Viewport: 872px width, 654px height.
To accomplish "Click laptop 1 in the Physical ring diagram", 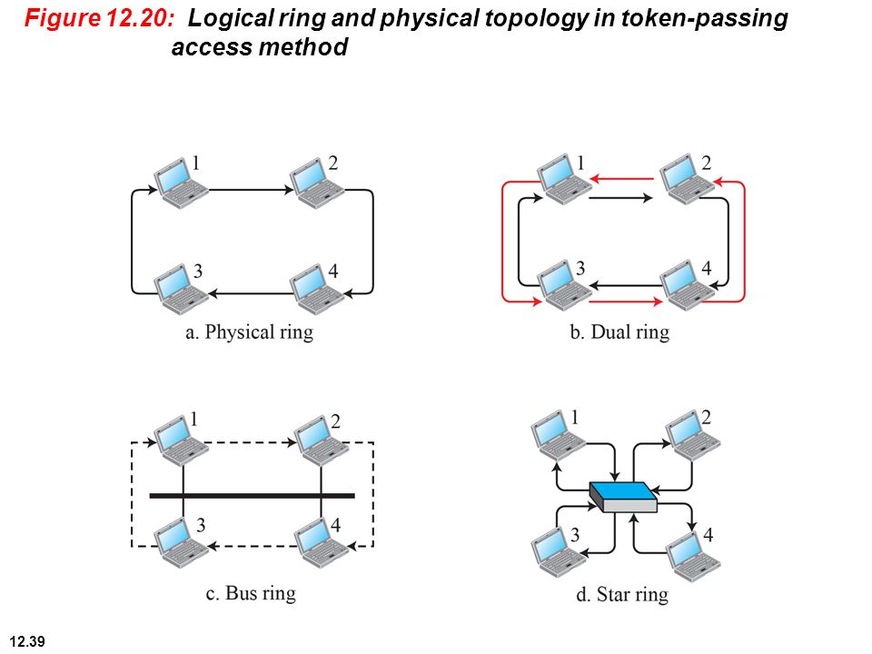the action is coord(181,183).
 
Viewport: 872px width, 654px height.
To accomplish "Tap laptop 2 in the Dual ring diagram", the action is coord(688,180).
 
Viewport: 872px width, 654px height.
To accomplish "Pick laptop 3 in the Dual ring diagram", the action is coord(564,285).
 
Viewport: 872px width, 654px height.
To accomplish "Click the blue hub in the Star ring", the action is coord(623,497).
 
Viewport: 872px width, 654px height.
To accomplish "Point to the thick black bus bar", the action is coord(252,496).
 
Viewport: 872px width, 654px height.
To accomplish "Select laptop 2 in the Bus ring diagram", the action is coord(321,441).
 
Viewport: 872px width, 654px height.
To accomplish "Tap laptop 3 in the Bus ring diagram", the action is coord(181,542).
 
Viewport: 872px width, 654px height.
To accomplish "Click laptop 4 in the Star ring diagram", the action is coord(693,557).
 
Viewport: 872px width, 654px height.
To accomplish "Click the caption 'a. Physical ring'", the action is coord(249,332).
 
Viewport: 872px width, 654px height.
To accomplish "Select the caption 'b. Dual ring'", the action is coord(620,332).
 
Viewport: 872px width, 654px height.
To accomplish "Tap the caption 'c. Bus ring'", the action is coord(251,593).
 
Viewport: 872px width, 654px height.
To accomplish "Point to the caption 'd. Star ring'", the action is coord(622,594).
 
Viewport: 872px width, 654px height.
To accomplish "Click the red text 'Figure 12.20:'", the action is coord(100,18).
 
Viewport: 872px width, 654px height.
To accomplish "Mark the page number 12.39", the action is coord(27,641).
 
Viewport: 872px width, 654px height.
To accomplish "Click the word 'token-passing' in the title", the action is coord(704,19).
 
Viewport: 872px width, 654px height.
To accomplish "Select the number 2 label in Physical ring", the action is coord(333,163).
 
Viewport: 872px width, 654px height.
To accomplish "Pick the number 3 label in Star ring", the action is coord(575,534).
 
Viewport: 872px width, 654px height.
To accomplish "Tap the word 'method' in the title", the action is coord(303,46).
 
